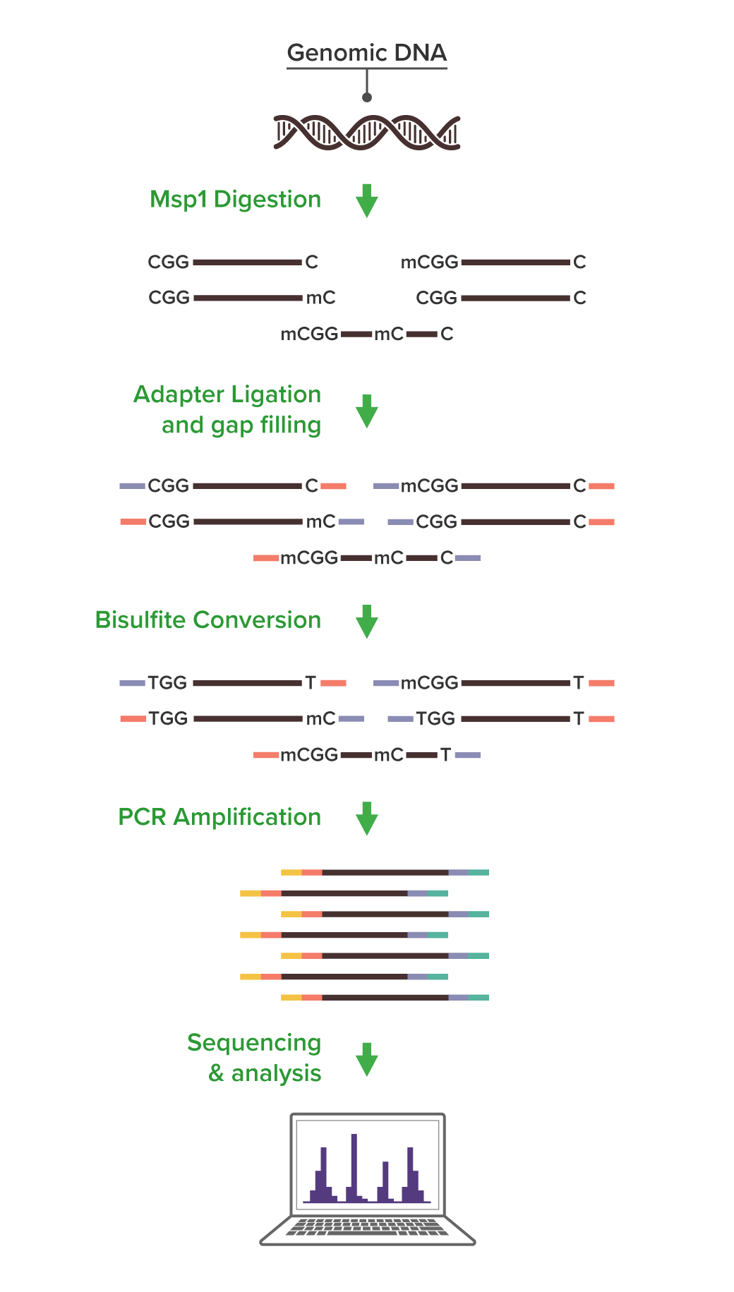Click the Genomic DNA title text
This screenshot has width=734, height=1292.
click(367, 53)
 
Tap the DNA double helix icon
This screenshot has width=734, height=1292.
click(367, 133)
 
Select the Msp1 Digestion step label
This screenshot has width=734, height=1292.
click(235, 200)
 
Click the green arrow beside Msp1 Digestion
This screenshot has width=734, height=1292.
click(367, 201)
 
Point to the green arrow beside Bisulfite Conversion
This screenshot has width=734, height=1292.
click(367, 622)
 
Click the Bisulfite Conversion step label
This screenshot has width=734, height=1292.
click(208, 620)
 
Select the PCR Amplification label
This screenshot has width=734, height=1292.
click(219, 817)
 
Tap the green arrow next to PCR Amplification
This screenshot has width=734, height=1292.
click(367, 819)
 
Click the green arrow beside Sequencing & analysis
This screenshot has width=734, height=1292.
click(367, 1060)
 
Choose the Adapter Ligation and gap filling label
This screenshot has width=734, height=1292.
click(227, 409)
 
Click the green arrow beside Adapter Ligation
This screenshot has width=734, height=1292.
click(367, 411)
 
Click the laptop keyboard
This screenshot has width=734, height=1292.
click(367, 1227)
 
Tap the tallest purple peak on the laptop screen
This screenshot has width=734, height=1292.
click(354, 1168)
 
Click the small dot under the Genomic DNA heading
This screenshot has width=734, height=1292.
click(367, 97)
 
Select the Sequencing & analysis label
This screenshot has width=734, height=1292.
click(254, 1058)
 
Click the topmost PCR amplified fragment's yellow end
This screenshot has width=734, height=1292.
click(291, 873)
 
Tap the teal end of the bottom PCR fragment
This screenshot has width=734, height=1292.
click(479, 998)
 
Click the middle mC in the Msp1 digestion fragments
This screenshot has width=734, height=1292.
click(389, 334)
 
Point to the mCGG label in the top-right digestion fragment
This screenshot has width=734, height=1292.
click(430, 262)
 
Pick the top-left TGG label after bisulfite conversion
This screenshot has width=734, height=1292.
click(167, 683)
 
